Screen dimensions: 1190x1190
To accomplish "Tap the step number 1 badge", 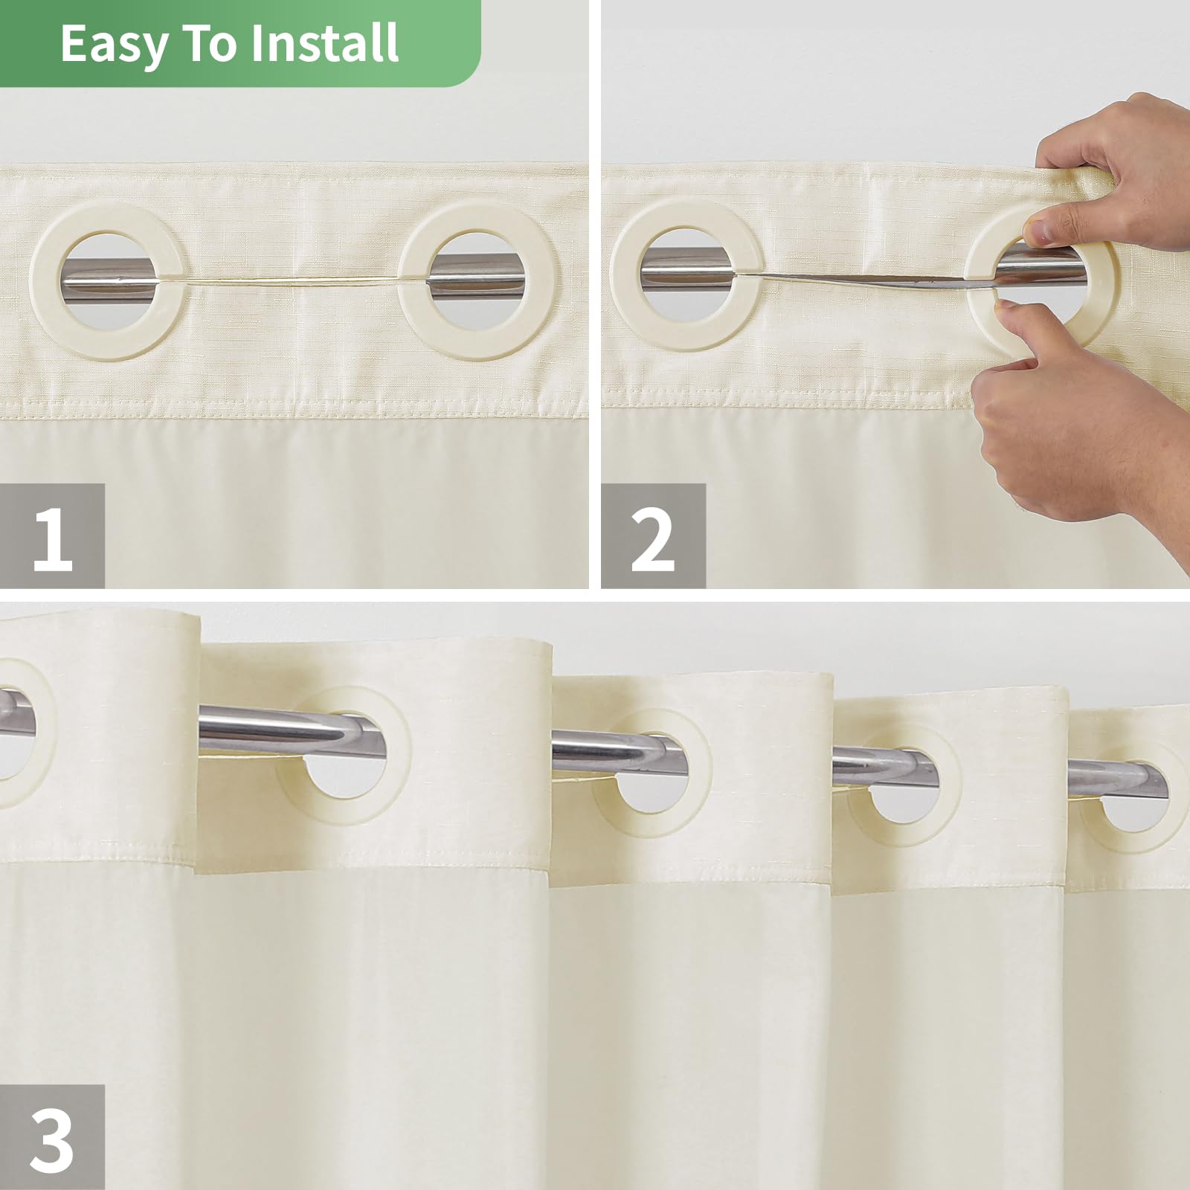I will point(52,536).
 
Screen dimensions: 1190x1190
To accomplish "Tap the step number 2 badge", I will point(652,536).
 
